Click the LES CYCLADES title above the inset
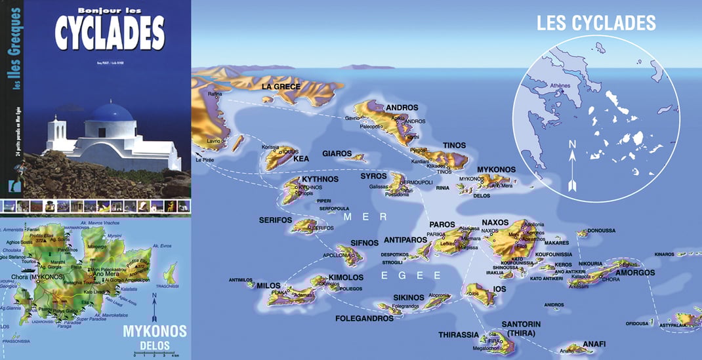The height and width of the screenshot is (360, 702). [596, 23]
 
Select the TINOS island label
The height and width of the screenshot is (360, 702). [454, 146]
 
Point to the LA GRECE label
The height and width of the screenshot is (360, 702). [281, 87]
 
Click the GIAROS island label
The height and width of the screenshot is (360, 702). [337, 154]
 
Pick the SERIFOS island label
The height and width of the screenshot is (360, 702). [275, 220]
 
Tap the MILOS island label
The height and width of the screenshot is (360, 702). [268, 286]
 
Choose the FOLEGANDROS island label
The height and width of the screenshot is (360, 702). [364, 319]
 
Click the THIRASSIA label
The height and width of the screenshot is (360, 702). [459, 334]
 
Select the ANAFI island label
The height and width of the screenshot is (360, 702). [593, 344]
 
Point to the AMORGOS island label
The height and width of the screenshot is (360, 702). [636, 272]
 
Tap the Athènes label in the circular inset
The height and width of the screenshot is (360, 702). [559, 85]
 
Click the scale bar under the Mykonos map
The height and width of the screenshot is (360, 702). [157, 353]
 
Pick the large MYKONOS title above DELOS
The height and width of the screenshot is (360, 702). [155, 331]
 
